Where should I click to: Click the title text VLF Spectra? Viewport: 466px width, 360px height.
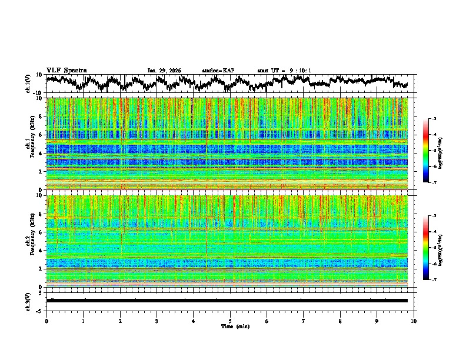(66, 70)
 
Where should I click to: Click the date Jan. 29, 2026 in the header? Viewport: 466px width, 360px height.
(164, 71)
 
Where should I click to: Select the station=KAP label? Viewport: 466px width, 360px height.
(218, 71)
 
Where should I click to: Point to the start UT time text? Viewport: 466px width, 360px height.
(284, 71)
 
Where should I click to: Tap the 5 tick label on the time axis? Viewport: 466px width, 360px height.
(230, 321)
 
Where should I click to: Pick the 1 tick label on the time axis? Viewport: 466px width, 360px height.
(83, 321)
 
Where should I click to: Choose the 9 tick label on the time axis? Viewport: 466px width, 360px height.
(377, 321)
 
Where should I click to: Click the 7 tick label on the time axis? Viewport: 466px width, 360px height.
(304, 321)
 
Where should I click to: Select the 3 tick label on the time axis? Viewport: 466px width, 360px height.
(157, 321)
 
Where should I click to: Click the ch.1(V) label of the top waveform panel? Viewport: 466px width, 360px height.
(28, 84)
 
